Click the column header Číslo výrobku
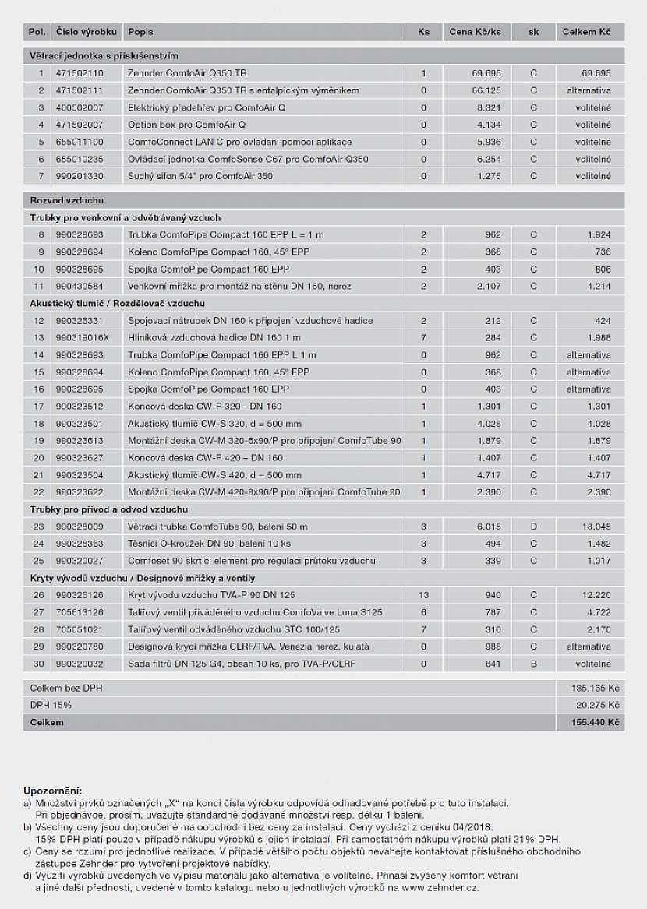point(87,32)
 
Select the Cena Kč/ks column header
point(475,32)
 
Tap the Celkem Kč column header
point(587,32)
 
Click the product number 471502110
point(80,73)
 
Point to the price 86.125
point(486,90)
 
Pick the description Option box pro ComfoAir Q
point(186,125)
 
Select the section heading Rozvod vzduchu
point(67,201)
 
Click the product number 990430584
point(80,287)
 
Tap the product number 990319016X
point(83,338)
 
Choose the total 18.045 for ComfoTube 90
point(596,527)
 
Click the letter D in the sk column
point(534,527)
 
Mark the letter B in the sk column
point(534,664)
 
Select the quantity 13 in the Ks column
point(423,595)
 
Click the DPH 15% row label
point(51,705)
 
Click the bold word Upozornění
point(52,791)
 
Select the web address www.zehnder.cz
point(440,887)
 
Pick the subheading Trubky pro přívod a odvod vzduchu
point(97,509)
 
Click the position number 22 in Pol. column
point(38,492)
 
